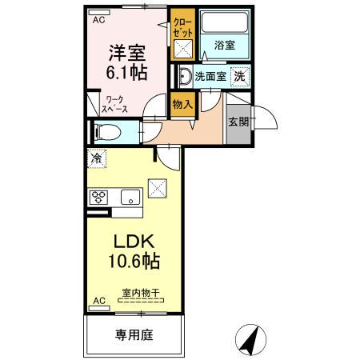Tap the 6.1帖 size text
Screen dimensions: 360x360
coord(127,74)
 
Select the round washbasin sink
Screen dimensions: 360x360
coord(184,78)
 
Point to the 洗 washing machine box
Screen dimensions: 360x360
coord(238,77)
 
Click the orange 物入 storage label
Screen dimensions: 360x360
coord(182,103)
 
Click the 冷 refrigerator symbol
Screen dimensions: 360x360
coord(95,158)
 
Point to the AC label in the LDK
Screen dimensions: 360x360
coord(99,301)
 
